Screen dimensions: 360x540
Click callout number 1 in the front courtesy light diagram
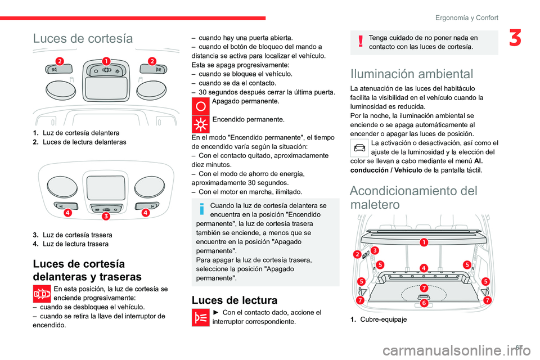pos(105,61)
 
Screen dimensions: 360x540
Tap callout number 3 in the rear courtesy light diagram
pos(105,217)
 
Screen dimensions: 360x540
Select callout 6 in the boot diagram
pos(424,303)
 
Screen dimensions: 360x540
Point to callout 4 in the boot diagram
pos(424,268)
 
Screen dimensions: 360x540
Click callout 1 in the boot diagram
pos(423,242)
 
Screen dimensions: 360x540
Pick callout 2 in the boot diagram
pos(357,254)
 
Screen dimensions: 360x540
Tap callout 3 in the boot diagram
pos(375,250)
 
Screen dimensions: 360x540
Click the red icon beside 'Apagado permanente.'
pos(200,106)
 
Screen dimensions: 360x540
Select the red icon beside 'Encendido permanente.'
pos(200,123)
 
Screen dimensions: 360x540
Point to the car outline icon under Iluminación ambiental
pos(359,148)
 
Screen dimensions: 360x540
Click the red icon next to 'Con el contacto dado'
pos(200,317)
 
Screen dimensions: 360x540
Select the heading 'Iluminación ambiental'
pos(412,74)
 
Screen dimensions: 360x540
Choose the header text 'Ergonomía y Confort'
pos(467,17)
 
